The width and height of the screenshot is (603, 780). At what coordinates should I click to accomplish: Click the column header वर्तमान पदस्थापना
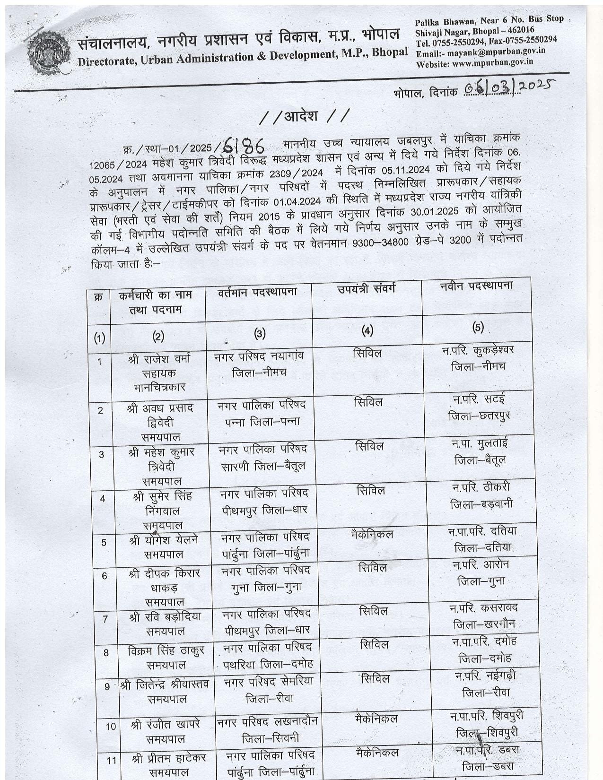pyautogui.click(x=258, y=292)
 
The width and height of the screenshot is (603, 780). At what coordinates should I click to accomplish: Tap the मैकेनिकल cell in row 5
pyautogui.click(x=372, y=534)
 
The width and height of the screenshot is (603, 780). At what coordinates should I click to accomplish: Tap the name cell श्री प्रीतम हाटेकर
pyautogui.click(x=168, y=757)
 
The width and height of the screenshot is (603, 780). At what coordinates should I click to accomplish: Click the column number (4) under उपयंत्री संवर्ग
pyautogui.click(x=367, y=330)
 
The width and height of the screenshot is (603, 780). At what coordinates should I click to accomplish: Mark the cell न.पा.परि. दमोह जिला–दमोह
pyautogui.click(x=484, y=649)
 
